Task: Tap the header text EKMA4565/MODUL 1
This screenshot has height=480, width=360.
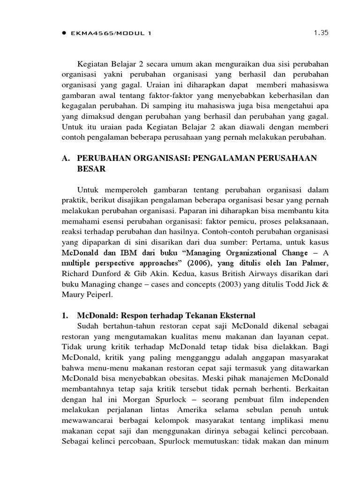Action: (x=111, y=33)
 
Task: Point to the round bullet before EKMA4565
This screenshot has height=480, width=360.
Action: (x=64, y=33)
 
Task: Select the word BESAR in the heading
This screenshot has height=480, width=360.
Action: (x=91, y=169)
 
